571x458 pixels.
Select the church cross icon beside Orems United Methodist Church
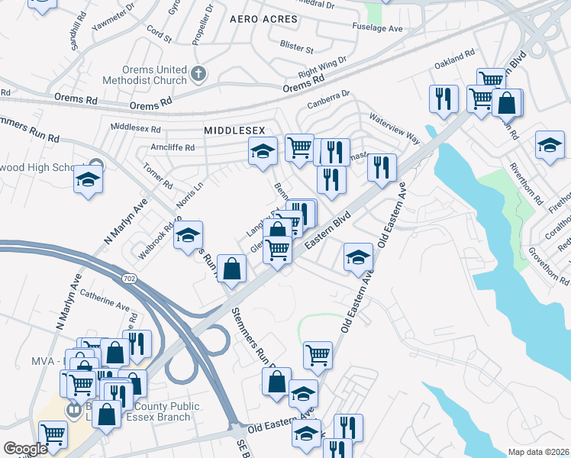coord(198,74)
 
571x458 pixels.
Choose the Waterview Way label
coord(395,126)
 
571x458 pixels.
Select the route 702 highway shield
coord(131,279)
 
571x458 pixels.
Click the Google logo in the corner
coord(25,449)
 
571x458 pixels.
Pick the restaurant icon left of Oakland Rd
coord(443,98)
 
